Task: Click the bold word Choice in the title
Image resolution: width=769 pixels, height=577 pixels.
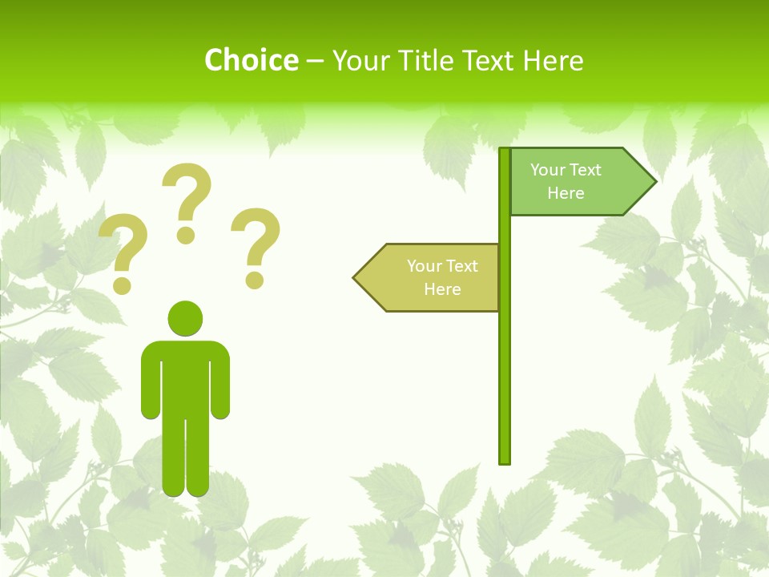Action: (x=251, y=60)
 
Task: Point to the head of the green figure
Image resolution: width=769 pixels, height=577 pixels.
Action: (x=185, y=318)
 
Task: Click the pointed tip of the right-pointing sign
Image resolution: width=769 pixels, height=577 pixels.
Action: (x=654, y=182)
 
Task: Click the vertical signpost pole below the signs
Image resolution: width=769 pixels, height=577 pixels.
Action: (x=505, y=385)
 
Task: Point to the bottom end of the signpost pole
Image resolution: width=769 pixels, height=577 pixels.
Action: (x=505, y=461)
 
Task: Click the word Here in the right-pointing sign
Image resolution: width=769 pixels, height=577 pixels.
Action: (x=566, y=193)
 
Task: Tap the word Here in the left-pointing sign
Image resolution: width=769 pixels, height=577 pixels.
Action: (x=442, y=289)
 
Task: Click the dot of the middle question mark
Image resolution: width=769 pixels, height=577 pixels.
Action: (x=186, y=235)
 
